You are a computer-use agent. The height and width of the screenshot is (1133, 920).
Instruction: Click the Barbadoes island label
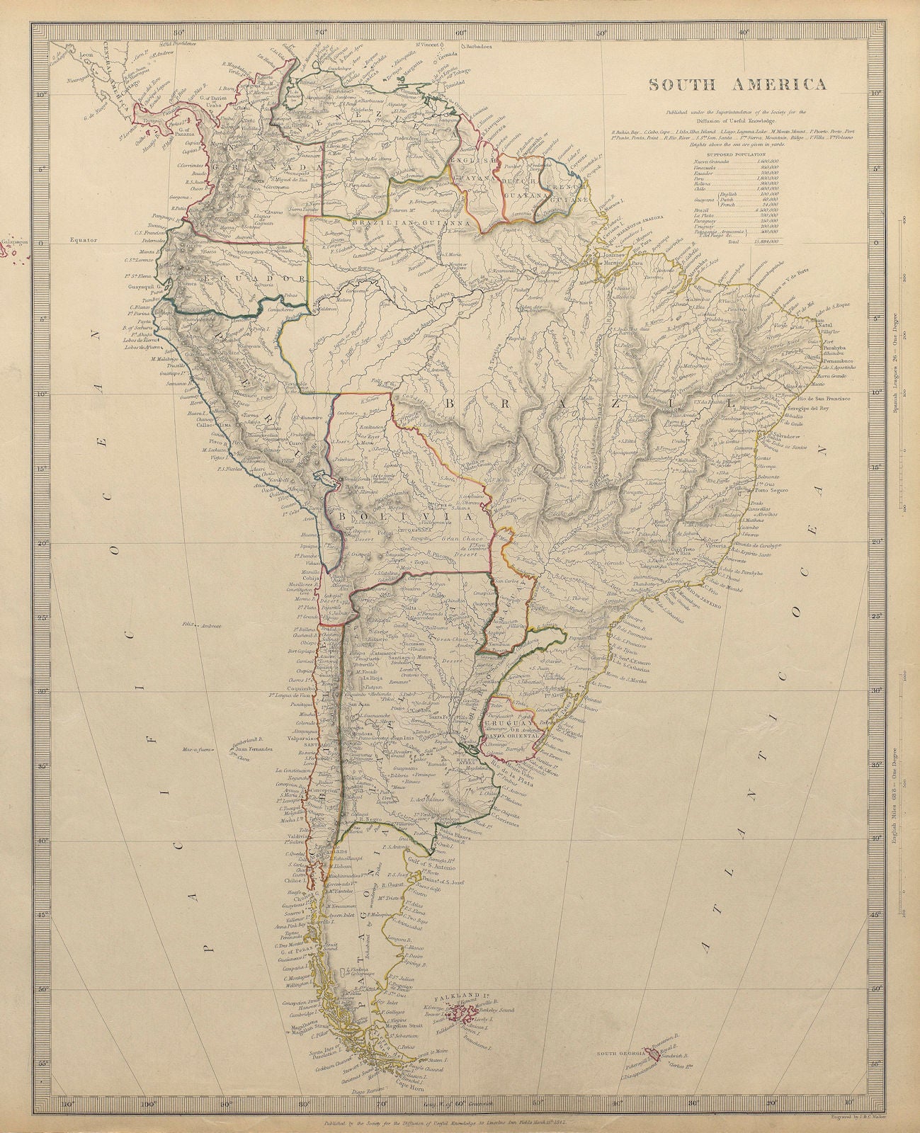pos(479,45)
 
